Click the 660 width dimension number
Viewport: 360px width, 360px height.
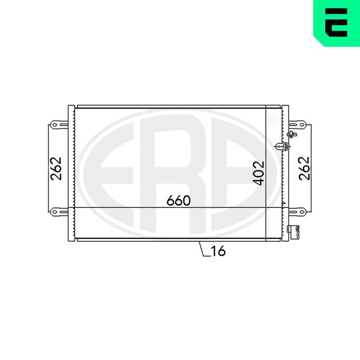click(178, 200)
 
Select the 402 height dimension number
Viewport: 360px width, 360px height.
click(258, 173)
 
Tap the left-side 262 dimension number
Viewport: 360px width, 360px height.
click(56, 168)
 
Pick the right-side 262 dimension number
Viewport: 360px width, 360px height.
click(304, 168)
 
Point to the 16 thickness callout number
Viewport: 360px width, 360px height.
click(218, 251)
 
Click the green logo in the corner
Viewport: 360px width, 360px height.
click(337, 23)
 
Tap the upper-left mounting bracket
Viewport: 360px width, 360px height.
click(59, 125)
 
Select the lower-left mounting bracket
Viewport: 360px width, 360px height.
click(59, 211)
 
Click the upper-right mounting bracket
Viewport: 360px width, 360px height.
click(297, 125)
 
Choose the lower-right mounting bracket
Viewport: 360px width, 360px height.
click(297, 211)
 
